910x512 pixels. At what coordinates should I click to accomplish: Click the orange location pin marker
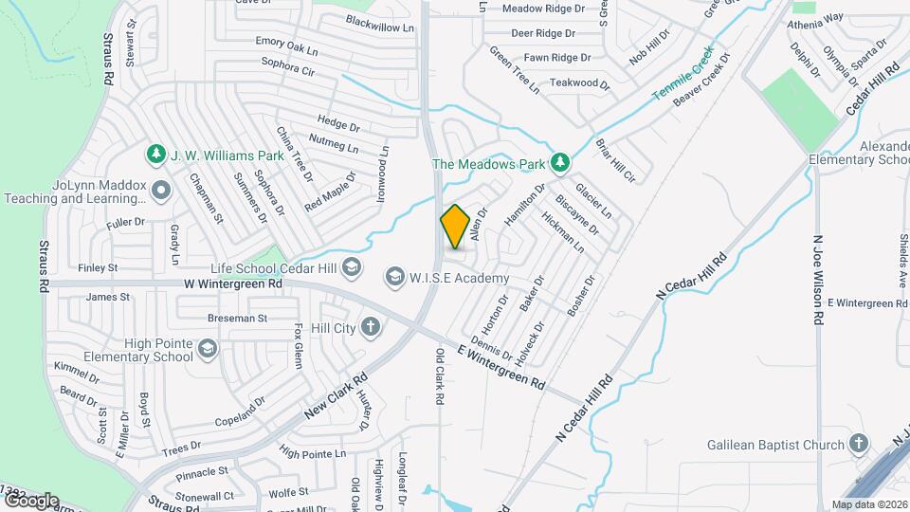pos(455,227)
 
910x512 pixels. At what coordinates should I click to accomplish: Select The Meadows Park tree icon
pos(560,163)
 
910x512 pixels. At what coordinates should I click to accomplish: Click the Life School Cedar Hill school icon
pos(353,268)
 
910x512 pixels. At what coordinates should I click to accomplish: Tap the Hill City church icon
pos(370,328)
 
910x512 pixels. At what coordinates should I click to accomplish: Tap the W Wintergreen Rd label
pos(234,283)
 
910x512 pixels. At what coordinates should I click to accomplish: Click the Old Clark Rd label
pos(440,376)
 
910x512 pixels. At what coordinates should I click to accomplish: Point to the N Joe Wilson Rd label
pos(817,281)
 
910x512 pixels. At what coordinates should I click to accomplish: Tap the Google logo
pos(31,501)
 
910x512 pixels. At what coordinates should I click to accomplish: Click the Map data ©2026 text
pos(869,504)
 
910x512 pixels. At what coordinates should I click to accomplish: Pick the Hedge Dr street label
pos(338,124)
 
